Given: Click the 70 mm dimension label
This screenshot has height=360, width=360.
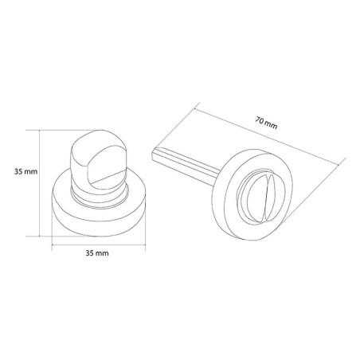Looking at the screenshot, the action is click(x=266, y=123).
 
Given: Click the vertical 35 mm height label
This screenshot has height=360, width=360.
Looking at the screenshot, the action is click(x=25, y=171).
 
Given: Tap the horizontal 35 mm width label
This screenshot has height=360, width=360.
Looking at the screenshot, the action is click(x=97, y=253).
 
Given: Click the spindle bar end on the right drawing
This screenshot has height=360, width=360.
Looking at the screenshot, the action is click(x=154, y=153).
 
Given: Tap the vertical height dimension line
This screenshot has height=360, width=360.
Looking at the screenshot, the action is click(x=40, y=183).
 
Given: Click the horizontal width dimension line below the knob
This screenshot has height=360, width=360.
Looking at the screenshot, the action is click(x=99, y=245).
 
